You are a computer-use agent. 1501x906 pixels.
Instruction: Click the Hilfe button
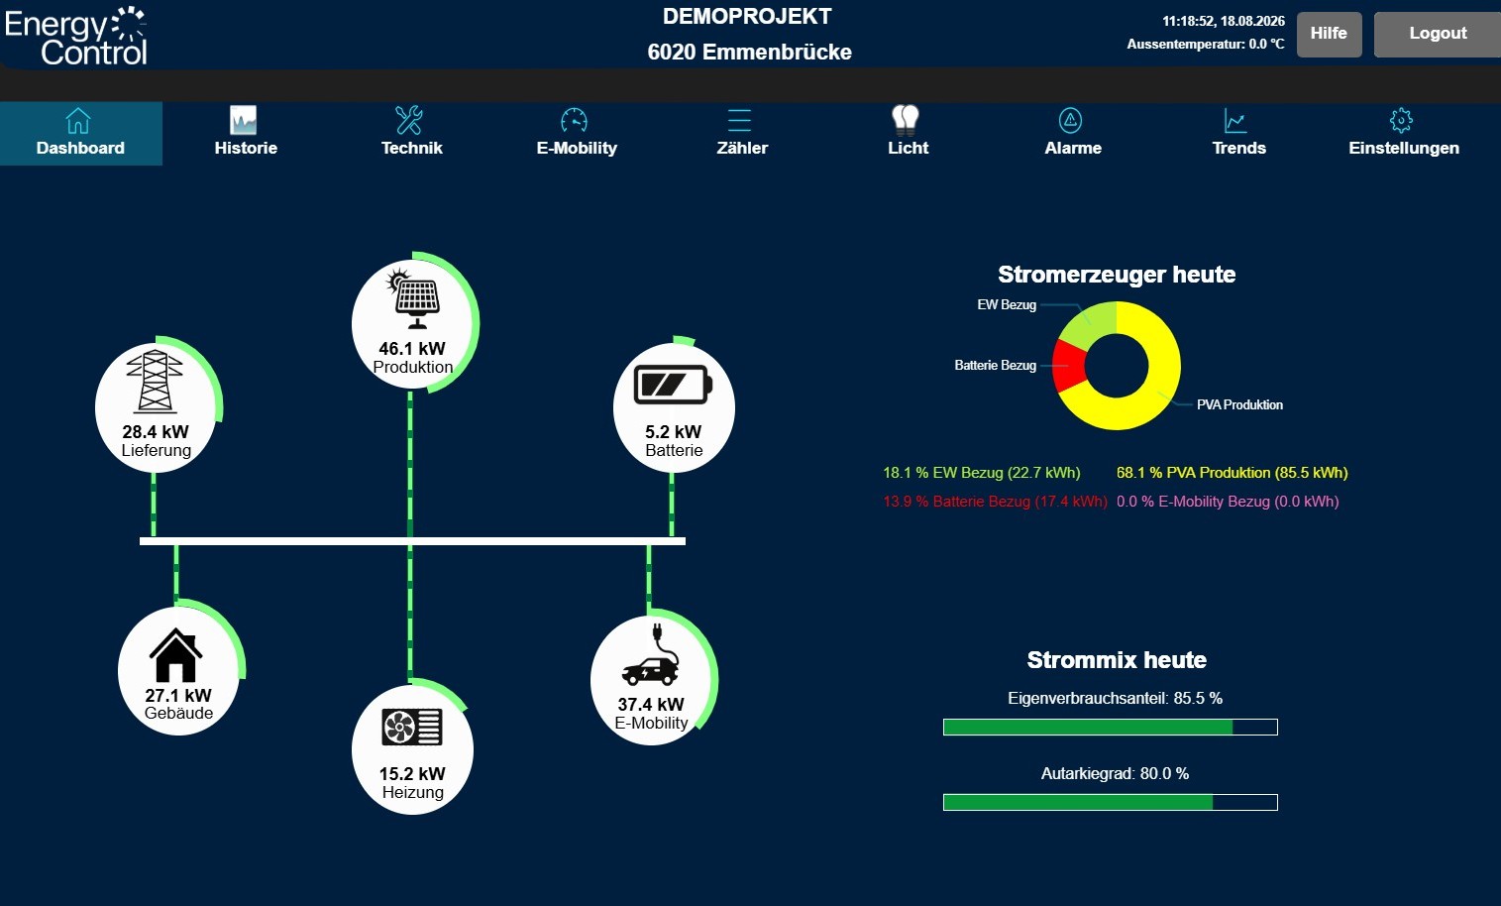(1329, 34)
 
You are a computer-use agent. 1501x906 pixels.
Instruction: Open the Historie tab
(246, 133)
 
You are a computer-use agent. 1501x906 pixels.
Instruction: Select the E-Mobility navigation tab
(577, 133)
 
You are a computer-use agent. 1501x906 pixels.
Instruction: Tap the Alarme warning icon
(1070, 121)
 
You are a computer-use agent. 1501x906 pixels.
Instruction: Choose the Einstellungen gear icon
(1401, 121)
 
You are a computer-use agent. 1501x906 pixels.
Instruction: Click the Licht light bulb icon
(906, 120)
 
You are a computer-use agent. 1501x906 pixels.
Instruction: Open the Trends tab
(1238, 133)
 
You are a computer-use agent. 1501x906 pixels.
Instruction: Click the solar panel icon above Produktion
(415, 298)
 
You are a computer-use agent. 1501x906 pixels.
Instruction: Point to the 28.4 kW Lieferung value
(156, 432)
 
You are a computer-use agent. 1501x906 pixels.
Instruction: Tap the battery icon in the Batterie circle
(673, 385)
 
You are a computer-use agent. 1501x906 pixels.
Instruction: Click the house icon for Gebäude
(175, 655)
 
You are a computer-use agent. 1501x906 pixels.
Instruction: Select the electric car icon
(651, 655)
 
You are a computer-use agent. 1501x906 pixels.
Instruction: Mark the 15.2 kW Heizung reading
(412, 774)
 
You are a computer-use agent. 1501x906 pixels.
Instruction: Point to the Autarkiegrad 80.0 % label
(1115, 774)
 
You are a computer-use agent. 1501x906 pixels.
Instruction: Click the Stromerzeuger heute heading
(1117, 275)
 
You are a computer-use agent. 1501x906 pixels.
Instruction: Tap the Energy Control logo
(75, 36)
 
